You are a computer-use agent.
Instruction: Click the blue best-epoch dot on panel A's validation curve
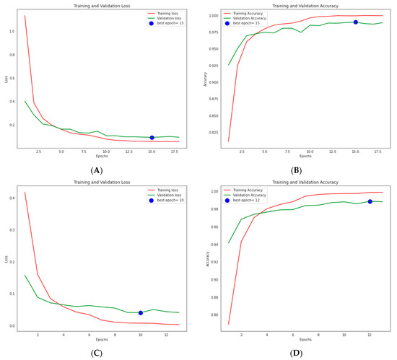[152, 137]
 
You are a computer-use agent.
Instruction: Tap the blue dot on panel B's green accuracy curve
[356, 22]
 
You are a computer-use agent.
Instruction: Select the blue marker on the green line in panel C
[141, 312]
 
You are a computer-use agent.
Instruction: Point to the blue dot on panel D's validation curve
[370, 201]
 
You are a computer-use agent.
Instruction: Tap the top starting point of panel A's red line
[24, 15]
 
